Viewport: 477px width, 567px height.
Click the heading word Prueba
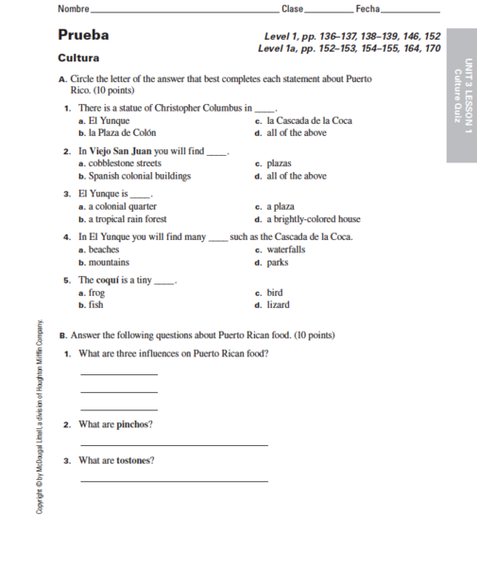pyautogui.click(x=83, y=36)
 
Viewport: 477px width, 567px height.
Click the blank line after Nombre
pyautogui.click(x=179, y=9)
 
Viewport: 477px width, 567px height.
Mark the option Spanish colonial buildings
pyautogui.click(x=139, y=176)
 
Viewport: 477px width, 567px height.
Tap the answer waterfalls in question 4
pyautogui.click(x=286, y=250)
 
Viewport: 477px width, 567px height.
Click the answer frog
pyautogui.click(x=96, y=293)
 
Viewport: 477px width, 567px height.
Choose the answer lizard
pyautogui.click(x=279, y=305)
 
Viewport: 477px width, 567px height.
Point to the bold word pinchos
pyautogui.click(x=135, y=424)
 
